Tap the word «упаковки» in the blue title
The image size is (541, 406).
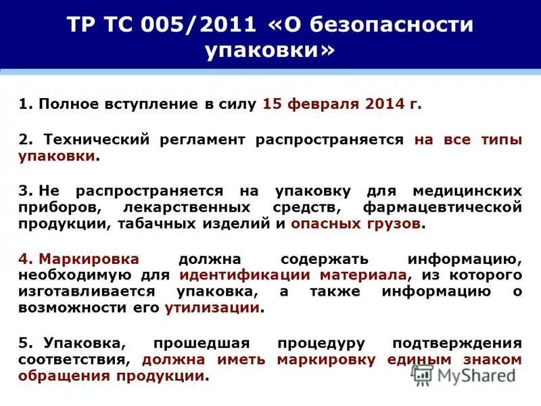click(x=270, y=51)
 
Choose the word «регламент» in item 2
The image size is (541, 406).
click(x=203, y=139)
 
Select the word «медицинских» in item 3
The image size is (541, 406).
click(x=467, y=191)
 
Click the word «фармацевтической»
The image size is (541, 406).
click(x=442, y=207)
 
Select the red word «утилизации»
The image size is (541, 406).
click(x=212, y=307)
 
